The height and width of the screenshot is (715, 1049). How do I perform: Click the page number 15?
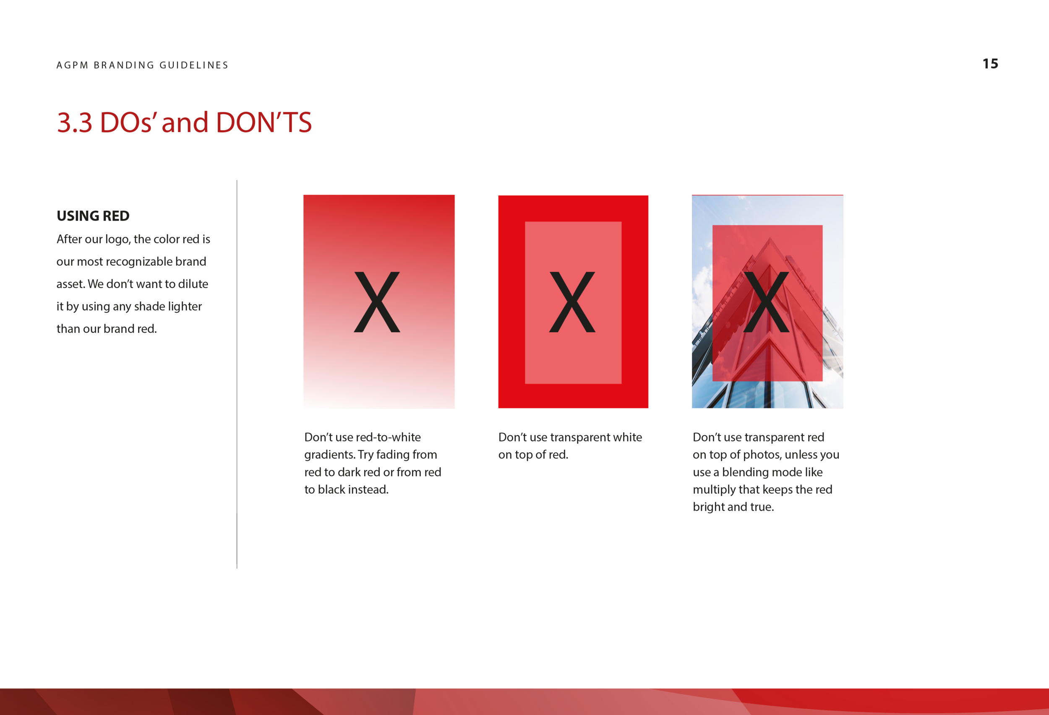click(990, 64)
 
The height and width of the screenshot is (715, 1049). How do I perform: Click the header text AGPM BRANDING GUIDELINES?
click(142, 65)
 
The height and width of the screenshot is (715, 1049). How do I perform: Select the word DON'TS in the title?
click(264, 122)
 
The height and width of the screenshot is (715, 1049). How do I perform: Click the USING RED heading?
click(93, 216)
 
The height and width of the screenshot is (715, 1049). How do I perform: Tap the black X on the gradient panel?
click(377, 302)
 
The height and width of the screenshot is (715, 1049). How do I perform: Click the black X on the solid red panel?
click(572, 302)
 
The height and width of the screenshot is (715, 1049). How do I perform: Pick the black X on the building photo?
click(766, 302)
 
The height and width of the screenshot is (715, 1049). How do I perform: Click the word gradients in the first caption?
click(329, 455)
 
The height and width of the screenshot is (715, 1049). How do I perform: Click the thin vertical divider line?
click(237, 374)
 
